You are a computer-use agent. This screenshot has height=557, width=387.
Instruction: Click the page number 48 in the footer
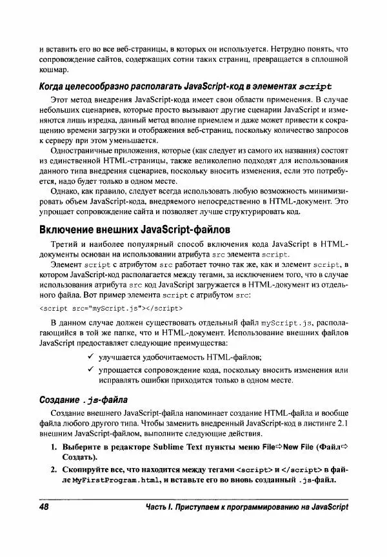[46, 508]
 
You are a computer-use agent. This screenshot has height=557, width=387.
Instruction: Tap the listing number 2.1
[342, 422]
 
